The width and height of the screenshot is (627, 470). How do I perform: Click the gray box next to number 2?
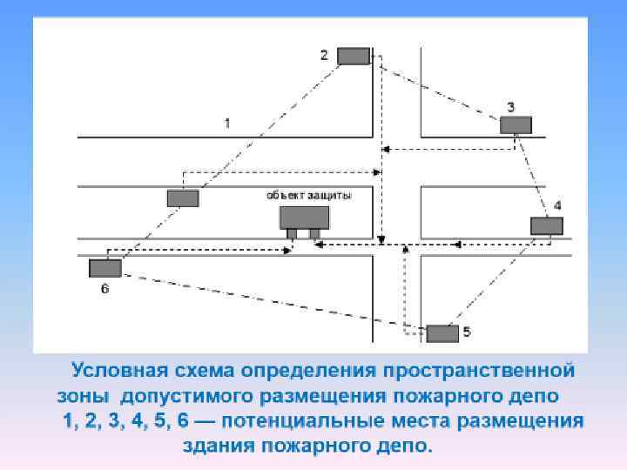(354, 56)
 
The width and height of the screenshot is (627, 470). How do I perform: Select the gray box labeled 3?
(516, 124)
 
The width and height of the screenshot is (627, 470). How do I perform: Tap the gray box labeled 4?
(547, 225)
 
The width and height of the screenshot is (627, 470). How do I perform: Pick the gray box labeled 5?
(442, 332)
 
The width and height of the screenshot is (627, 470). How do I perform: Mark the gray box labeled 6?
(104, 268)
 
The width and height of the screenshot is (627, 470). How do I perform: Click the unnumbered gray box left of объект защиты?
(183, 198)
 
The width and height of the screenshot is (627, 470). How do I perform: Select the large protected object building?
(304, 218)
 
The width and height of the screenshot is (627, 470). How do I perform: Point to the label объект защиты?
(309, 196)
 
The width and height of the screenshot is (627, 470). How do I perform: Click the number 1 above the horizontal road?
(227, 123)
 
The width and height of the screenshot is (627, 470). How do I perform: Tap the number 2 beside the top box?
(324, 55)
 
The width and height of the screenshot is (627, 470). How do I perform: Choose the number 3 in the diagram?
(511, 106)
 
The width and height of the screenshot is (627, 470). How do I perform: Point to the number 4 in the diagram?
(557, 205)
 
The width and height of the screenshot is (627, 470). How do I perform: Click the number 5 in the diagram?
(467, 332)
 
